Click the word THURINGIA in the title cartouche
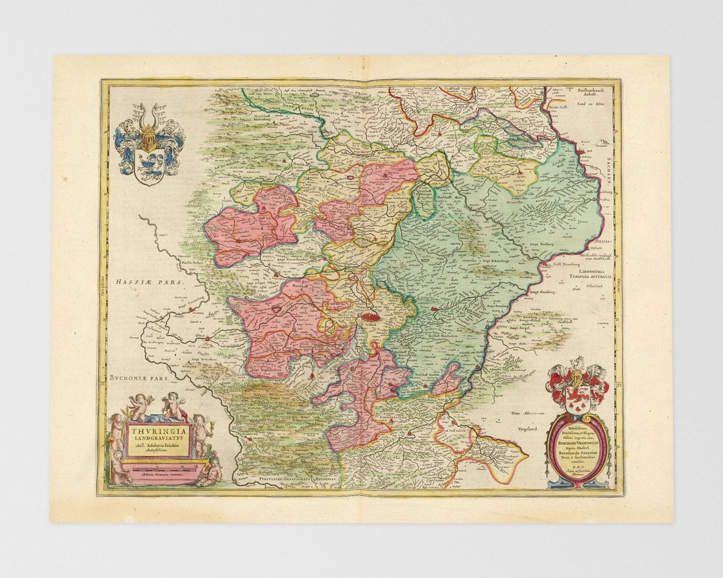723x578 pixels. click(x=159, y=431)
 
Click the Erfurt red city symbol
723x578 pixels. click(x=370, y=321)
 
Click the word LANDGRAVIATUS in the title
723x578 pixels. click(x=159, y=440)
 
